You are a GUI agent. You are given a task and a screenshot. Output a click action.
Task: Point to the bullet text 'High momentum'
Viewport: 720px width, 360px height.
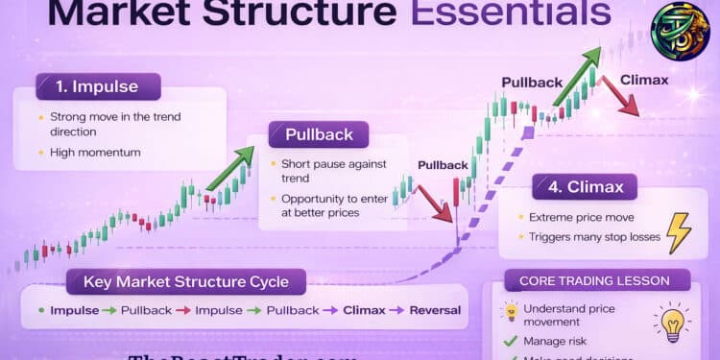click(96, 153)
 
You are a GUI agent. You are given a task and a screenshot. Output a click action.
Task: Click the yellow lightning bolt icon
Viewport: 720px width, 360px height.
click(678, 232)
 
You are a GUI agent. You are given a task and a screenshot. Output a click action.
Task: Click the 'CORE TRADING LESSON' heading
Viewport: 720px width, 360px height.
click(596, 282)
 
